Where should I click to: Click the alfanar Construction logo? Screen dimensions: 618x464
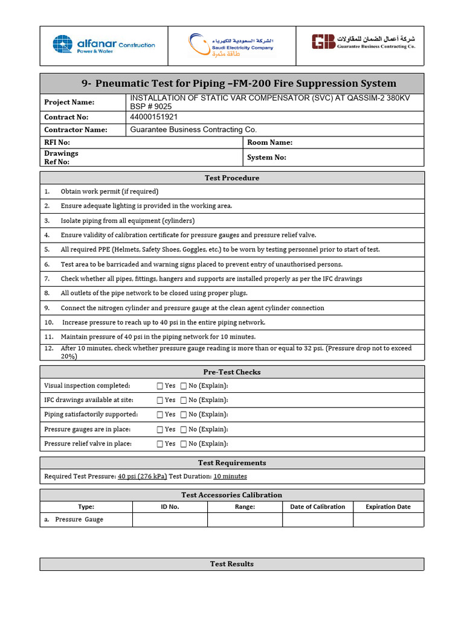pyautogui.click(x=103, y=45)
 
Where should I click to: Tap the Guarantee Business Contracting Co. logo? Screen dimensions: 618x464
pyautogui.click(x=364, y=42)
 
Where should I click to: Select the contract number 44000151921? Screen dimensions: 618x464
pyautogui.click(x=154, y=117)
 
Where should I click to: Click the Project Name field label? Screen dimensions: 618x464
pyautogui.click(x=69, y=103)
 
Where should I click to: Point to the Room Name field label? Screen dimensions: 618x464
pyautogui.click(x=269, y=142)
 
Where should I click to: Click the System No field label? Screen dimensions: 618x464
pyautogui.click(x=266, y=158)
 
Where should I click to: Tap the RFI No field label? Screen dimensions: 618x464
pyautogui.click(x=57, y=142)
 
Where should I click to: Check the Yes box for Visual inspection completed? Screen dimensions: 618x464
pyautogui.click(x=159, y=386)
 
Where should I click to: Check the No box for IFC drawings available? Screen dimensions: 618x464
pyautogui.click(x=183, y=400)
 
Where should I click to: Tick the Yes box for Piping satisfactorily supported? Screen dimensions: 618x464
pyautogui.click(x=159, y=415)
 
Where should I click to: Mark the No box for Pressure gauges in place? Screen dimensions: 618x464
pyautogui.click(x=183, y=430)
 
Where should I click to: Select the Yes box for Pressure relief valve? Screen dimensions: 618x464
pyautogui.click(x=159, y=444)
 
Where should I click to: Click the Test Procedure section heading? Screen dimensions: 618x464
pyautogui.click(x=232, y=178)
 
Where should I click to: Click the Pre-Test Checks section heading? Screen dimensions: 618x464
pyautogui.click(x=232, y=372)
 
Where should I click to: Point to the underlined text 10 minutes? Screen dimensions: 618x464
pyautogui.click(x=230, y=476)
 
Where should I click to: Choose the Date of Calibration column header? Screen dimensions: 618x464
pyautogui.click(x=317, y=507)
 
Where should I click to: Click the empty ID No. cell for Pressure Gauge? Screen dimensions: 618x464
pyautogui.click(x=170, y=520)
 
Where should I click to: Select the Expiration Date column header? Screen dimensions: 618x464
pyautogui.click(x=388, y=507)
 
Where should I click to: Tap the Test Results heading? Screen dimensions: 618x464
pyautogui.click(x=232, y=564)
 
